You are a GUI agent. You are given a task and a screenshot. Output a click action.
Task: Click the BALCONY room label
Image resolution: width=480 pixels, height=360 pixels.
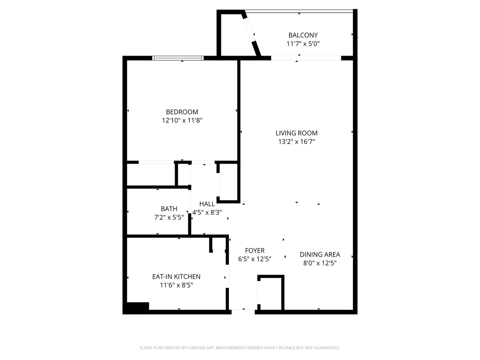click(x=303, y=35)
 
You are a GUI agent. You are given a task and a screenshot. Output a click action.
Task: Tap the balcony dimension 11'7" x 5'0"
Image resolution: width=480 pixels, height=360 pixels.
click(x=303, y=44)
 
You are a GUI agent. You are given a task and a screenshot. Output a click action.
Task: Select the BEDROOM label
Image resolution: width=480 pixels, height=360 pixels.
click(x=182, y=112)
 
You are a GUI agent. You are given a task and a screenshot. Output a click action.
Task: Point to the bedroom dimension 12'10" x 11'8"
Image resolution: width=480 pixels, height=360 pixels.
click(x=182, y=120)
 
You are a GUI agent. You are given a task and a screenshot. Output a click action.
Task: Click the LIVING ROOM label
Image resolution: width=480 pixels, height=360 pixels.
click(x=296, y=133)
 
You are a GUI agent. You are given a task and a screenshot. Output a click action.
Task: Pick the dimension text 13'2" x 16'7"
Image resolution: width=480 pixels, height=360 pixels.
click(x=296, y=142)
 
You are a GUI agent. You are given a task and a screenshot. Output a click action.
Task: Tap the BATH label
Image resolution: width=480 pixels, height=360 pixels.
click(x=169, y=209)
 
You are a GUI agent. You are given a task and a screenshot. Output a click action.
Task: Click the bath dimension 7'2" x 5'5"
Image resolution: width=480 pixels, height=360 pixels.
click(x=169, y=218)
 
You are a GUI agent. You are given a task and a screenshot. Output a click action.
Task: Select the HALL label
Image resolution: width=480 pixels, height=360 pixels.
click(x=207, y=204)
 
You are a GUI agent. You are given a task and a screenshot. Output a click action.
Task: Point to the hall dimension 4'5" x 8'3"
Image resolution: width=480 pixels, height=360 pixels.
click(x=207, y=212)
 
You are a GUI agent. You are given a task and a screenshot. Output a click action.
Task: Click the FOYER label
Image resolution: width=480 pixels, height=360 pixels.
click(x=255, y=251)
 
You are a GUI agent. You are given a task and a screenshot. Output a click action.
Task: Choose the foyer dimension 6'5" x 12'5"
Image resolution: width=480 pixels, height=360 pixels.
click(x=255, y=259)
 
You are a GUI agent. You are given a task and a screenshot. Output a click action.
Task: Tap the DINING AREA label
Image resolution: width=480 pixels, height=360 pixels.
click(x=320, y=255)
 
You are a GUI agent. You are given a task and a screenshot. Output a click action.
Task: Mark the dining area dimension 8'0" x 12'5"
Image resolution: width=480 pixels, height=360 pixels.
click(x=320, y=263)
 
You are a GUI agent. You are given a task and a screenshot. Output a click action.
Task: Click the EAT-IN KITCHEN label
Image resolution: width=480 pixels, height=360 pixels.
click(x=176, y=277)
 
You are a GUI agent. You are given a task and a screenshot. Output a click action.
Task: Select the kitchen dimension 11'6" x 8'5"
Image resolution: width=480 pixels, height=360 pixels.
click(x=176, y=285)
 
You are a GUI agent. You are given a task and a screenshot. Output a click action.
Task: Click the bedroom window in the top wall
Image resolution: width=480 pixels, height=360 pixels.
click(x=178, y=58)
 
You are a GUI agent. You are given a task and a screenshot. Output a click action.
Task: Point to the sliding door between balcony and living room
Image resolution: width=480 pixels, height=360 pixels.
click(x=306, y=58)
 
